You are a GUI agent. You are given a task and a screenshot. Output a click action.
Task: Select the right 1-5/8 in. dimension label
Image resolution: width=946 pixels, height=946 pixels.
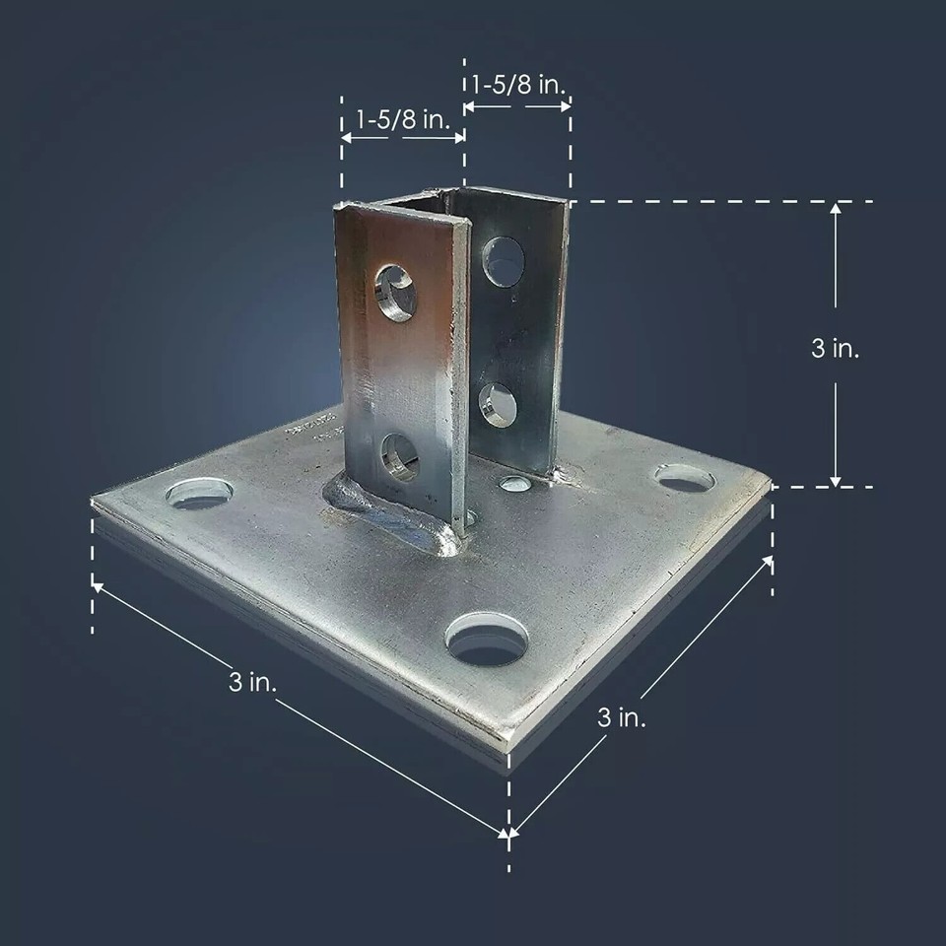point(518,85)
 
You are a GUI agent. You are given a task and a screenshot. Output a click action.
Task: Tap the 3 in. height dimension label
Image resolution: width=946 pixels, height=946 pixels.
point(835,348)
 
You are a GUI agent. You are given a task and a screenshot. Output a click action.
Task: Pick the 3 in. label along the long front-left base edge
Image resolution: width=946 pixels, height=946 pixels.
point(253,681)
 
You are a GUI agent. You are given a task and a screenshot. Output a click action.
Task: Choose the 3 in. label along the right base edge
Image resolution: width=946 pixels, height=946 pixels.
point(622,716)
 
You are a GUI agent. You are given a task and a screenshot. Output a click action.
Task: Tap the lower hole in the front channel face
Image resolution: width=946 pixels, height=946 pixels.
point(399,457)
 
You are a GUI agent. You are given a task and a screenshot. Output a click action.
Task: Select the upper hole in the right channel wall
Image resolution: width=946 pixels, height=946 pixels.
point(504,261)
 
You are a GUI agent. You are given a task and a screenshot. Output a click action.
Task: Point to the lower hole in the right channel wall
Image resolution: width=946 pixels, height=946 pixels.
point(498,404)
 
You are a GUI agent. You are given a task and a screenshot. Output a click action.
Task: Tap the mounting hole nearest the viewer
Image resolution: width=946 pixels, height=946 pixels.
point(487,638)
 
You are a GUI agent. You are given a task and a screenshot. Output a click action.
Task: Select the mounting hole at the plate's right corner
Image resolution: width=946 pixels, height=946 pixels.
point(685,479)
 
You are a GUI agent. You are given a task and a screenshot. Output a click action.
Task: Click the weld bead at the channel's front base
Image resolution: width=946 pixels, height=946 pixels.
point(394,517)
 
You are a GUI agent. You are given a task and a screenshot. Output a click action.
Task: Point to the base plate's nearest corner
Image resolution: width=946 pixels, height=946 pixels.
point(509,739)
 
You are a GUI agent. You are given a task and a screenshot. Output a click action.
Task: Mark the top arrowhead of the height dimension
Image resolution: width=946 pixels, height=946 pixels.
point(836,208)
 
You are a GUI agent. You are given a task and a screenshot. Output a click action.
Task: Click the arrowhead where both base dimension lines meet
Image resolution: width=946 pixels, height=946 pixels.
point(507,836)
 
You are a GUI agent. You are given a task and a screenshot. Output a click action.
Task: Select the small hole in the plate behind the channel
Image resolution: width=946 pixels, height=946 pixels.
point(514,483)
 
